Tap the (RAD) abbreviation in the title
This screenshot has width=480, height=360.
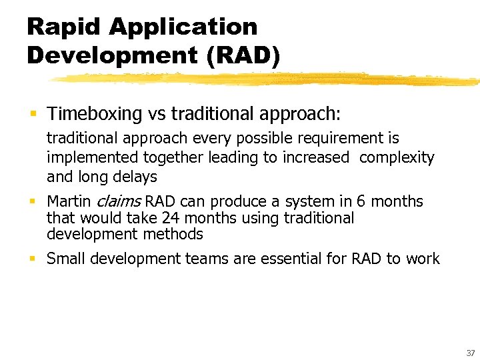pos(243,55)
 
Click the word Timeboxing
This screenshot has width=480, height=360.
pos(89,114)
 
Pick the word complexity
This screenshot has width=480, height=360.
pos(397,158)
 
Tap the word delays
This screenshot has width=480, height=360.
pos(136,177)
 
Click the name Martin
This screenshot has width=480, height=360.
pos(69,202)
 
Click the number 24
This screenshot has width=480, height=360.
pos(171,218)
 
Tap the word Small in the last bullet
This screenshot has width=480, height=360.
pos(65,259)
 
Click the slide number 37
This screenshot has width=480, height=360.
pos(470,353)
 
